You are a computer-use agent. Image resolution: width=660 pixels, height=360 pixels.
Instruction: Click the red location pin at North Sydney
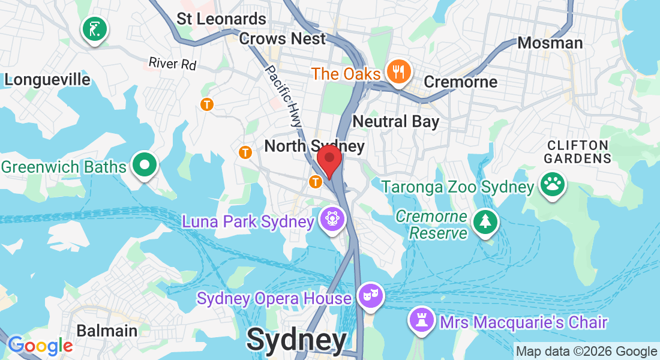(329, 160)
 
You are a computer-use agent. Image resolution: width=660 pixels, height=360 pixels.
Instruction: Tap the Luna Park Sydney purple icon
(331, 220)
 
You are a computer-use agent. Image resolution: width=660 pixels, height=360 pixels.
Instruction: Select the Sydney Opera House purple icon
(370, 296)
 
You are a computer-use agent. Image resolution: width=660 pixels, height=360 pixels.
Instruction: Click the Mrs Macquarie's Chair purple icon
(421, 321)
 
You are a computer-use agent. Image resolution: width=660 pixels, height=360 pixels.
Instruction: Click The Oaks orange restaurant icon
(397, 73)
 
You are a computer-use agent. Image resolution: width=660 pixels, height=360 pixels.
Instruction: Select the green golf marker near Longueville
(95, 28)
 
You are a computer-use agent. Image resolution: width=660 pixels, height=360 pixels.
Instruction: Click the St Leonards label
(221, 19)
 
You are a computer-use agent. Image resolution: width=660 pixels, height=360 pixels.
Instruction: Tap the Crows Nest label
(282, 39)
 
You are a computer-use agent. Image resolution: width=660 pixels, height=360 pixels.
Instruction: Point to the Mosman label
(550, 43)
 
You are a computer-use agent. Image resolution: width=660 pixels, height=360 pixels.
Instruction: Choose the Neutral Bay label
(395, 121)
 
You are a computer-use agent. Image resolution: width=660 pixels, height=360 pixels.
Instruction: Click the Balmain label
(107, 331)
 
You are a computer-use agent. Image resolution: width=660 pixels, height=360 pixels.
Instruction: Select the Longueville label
(47, 80)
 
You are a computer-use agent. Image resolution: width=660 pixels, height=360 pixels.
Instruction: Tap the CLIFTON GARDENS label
(578, 152)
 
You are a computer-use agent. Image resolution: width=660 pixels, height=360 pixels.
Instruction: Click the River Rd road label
(172, 63)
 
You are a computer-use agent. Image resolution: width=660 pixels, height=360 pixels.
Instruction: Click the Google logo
(40, 346)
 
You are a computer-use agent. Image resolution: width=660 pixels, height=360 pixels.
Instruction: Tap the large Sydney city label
(296, 340)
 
